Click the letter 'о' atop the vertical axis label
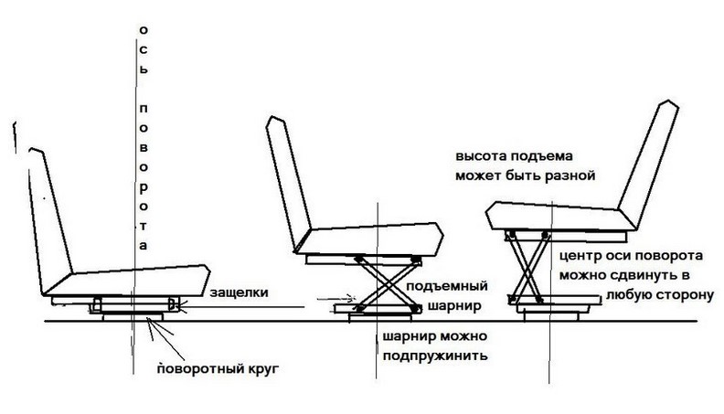point(143,29)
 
